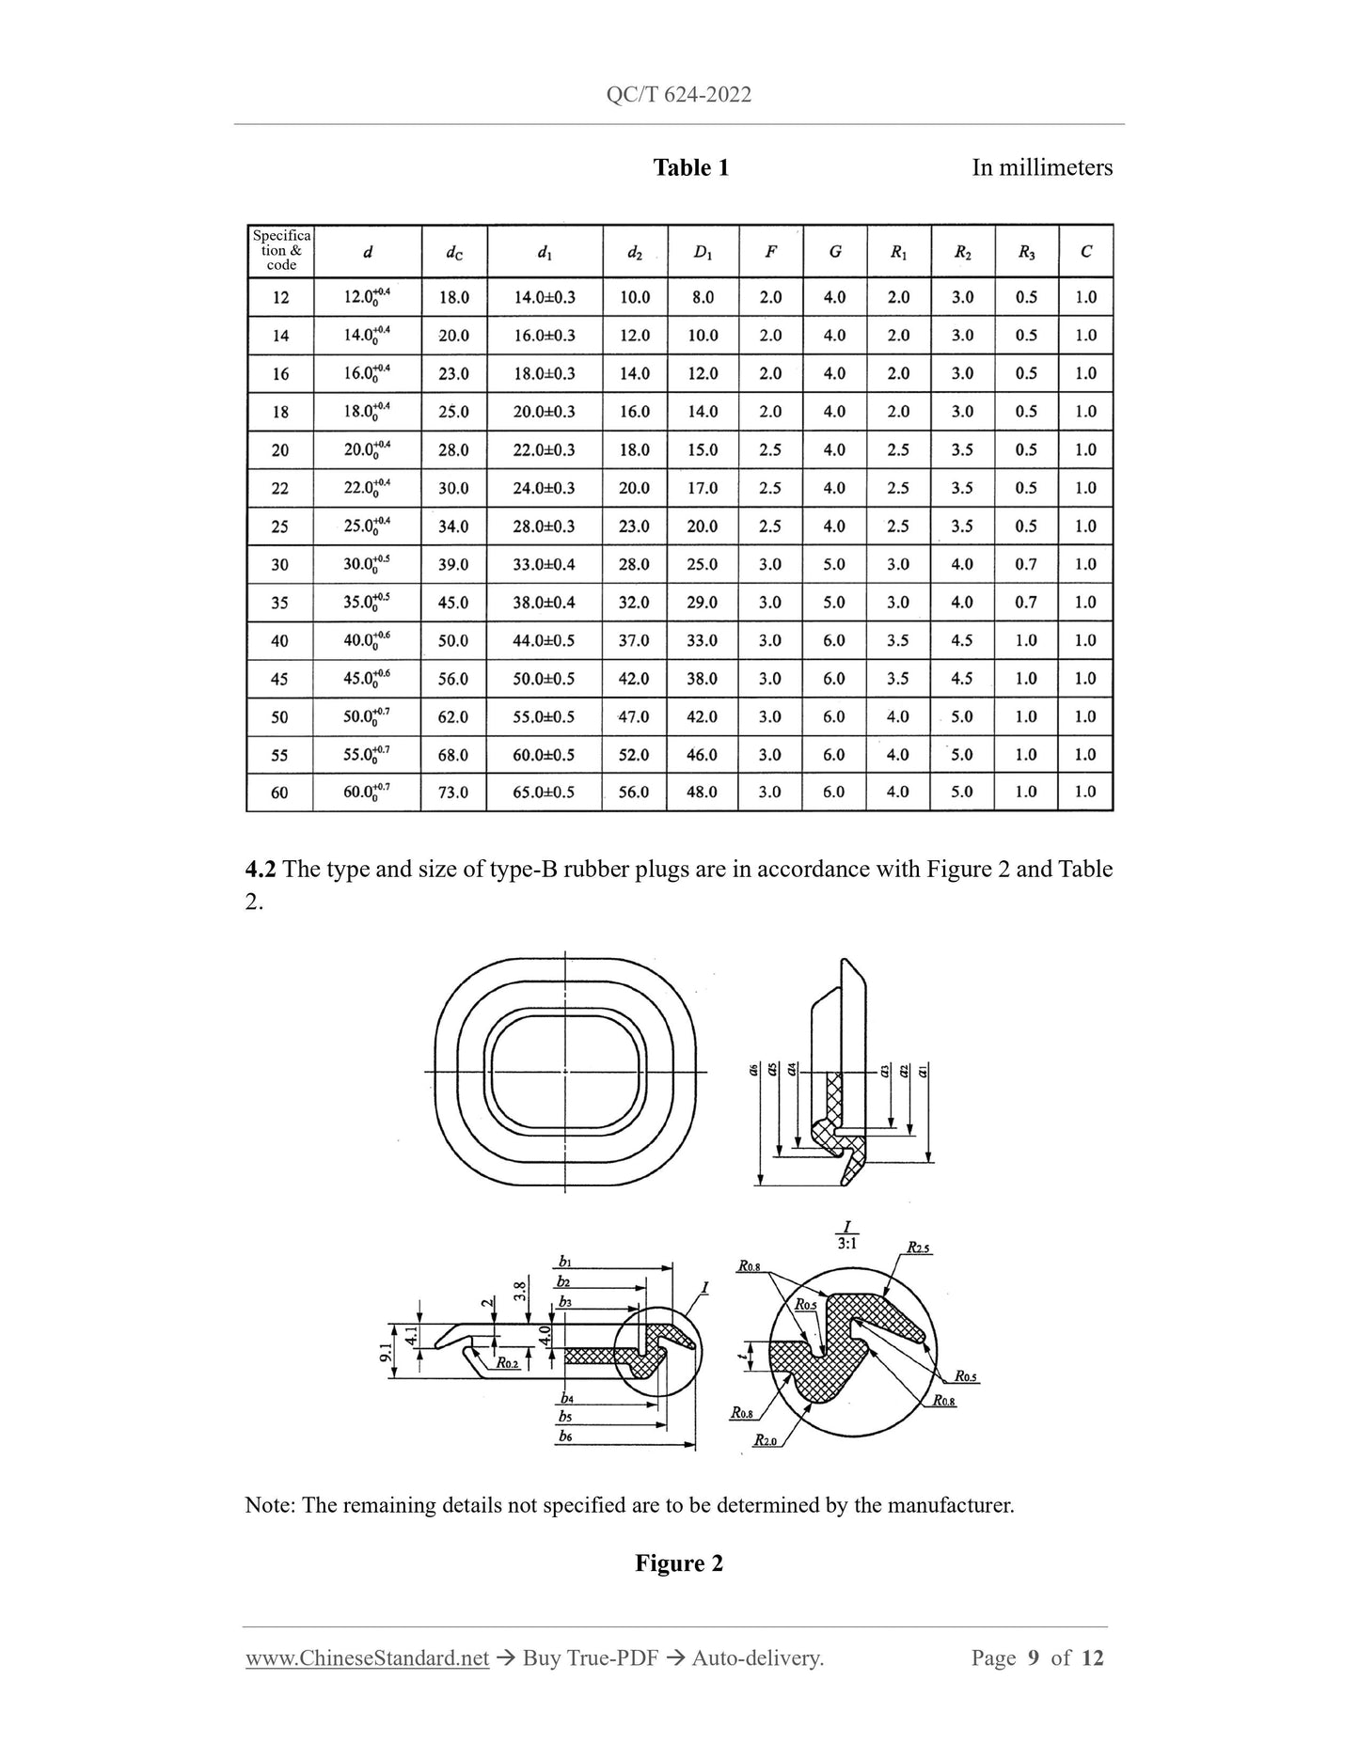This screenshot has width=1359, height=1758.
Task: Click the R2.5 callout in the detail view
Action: click(918, 1248)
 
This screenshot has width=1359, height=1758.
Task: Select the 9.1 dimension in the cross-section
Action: click(385, 1354)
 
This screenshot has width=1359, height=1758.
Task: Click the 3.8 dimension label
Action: click(519, 1291)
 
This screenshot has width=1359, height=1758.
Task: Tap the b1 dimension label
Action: click(564, 1262)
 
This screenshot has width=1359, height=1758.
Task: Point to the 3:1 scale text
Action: click(846, 1243)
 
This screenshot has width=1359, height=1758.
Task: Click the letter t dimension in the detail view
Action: click(743, 1356)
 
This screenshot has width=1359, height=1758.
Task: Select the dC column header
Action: click(453, 252)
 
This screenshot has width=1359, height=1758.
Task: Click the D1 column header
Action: click(703, 252)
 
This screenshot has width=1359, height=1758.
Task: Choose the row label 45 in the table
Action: click(279, 679)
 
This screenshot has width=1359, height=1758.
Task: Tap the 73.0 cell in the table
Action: click(453, 793)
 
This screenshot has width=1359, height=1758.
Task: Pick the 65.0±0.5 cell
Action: click(544, 793)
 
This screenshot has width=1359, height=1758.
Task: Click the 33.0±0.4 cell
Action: click(544, 564)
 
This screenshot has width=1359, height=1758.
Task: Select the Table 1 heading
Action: click(691, 168)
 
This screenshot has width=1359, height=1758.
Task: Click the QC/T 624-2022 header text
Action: click(679, 95)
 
